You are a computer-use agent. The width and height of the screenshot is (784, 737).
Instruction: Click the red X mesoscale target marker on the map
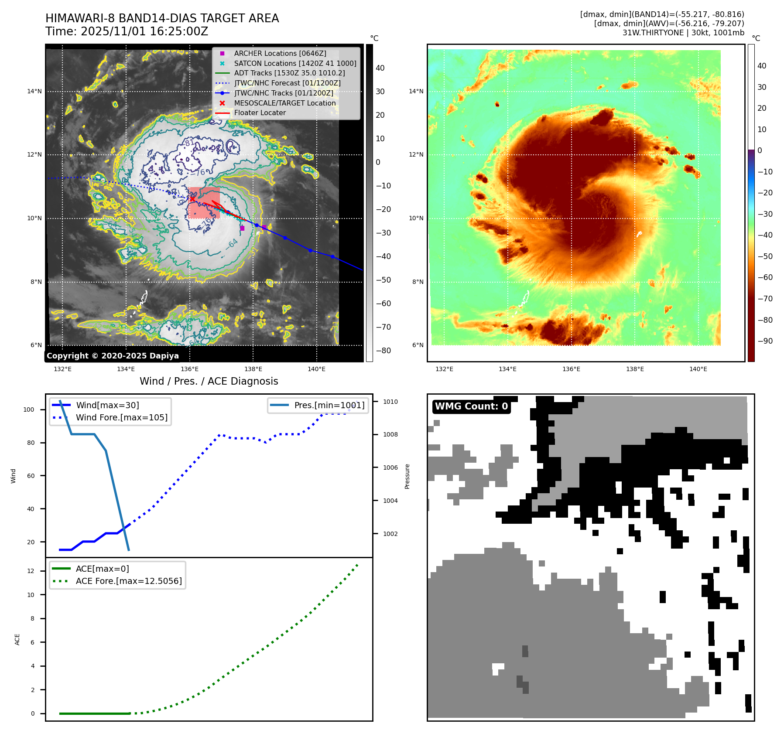click(192, 199)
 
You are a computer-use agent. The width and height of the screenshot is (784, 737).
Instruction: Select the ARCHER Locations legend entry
click(280, 53)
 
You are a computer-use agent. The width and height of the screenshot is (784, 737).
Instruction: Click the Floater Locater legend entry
click(260, 113)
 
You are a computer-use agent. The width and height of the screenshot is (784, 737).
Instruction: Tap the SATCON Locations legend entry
click(295, 63)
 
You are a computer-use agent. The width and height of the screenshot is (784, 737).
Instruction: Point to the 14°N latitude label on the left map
click(34, 91)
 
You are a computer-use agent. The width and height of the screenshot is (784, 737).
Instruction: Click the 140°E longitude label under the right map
click(698, 369)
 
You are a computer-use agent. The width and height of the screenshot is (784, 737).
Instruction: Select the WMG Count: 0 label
click(471, 406)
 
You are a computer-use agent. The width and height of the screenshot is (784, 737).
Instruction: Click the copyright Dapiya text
click(113, 356)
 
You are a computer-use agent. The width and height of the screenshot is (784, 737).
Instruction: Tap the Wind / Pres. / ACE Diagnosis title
click(209, 381)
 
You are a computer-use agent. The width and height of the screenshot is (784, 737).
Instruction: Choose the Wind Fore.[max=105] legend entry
click(121, 417)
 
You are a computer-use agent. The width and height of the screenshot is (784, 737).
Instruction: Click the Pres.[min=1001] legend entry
click(329, 405)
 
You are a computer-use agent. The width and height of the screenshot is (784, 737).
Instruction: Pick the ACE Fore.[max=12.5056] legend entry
click(129, 581)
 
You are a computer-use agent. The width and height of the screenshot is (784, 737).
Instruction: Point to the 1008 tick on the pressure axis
click(390, 434)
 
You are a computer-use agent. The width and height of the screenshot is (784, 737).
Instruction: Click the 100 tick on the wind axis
click(29, 409)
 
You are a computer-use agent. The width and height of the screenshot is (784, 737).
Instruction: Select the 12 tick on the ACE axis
click(31, 571)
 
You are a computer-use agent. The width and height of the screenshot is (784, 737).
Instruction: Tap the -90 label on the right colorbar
click(765, 341)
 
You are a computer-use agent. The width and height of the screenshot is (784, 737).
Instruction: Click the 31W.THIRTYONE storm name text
click(653, 33)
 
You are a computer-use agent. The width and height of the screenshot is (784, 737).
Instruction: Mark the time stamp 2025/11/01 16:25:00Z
click(127, 31)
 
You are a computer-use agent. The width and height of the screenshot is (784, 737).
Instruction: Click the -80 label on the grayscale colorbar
click(383, 351)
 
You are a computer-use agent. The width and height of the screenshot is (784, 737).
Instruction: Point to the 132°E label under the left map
click(62, 369)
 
